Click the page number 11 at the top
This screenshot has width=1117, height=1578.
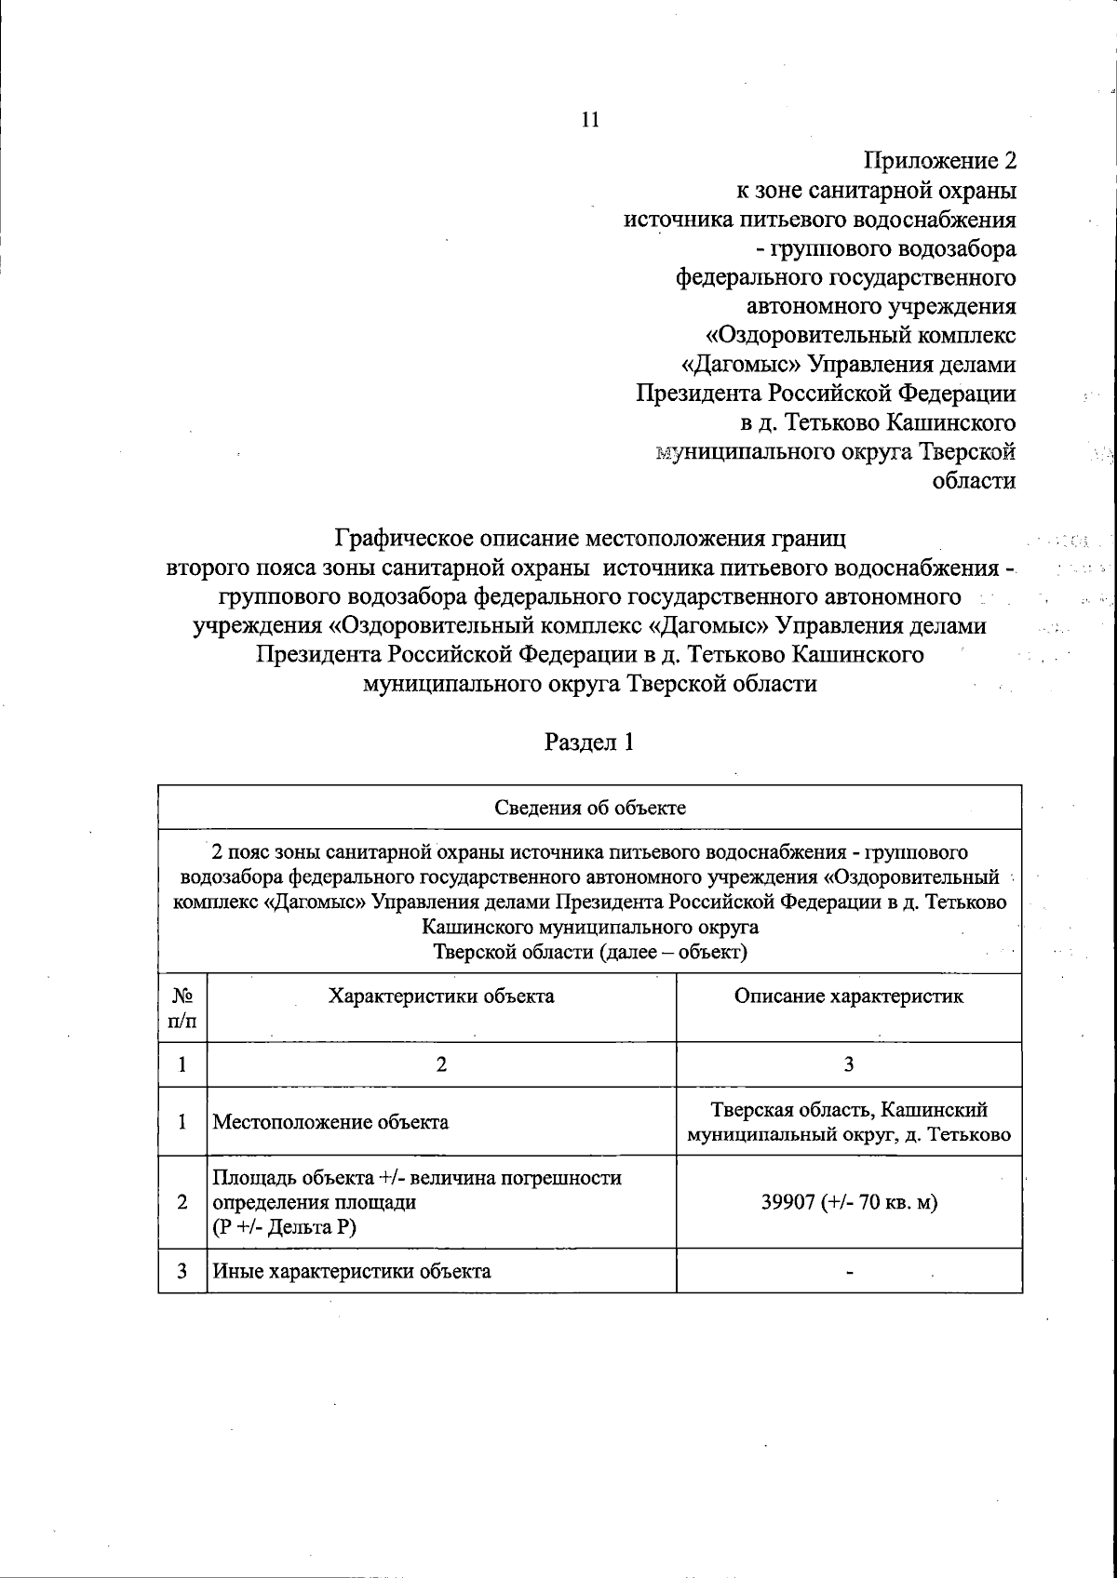pos(590,119)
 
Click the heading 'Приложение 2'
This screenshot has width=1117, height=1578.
pos(940,161)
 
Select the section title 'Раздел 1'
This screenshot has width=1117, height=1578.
pos(589,742)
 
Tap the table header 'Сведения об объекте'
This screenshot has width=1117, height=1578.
pos(590,808)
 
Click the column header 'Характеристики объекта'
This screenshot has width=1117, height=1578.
pos(441,996)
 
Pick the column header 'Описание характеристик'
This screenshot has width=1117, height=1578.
pos(849,996)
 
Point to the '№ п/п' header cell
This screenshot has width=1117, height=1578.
pos(182,1008)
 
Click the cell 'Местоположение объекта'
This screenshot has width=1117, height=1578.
pos(330,1122)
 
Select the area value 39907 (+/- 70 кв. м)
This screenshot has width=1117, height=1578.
pos(849,1202)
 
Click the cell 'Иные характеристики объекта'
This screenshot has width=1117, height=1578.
pos(352,1271)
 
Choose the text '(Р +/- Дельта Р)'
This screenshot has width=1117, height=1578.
pos(285,1228)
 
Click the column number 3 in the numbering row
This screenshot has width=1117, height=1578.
pos(849,1064)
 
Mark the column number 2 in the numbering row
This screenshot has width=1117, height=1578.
pos(441,1064)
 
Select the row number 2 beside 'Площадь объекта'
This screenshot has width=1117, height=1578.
pos(182,1202)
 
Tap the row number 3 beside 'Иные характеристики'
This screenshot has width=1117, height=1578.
pos(182,1271)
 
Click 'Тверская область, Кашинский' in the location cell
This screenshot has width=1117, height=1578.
pos(849,1109)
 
